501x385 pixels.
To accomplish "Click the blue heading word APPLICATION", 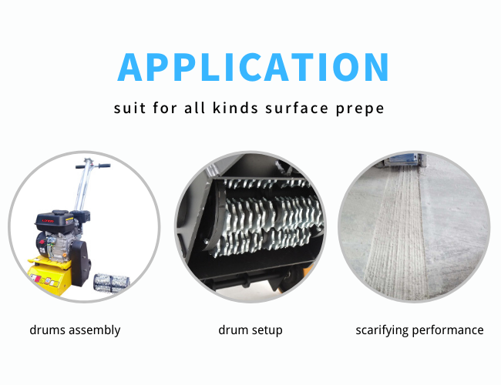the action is pyautogui.click(x=253, y=67).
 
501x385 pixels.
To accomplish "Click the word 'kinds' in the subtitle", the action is pyautogui.click(x=236, y=108).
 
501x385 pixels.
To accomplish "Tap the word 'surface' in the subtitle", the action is pyautogui.click(x=297, y=108).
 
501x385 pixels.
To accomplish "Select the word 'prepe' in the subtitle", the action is pyautogui.click(x=360, y=109).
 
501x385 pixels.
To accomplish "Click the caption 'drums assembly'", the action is pyautogui.click(x=75, y=330).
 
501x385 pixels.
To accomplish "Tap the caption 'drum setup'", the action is pyautogui.click(x=250, y=330).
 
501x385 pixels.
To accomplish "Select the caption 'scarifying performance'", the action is pyautogui.click(x=419, y=330).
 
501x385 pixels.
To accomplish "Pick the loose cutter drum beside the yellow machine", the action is pyautogui.click(x=112, y=283).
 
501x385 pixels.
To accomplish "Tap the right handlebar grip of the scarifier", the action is pyautogui.click(x=104, y=166).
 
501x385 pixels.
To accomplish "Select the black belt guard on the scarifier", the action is pyautogui.click(x=80, y=263).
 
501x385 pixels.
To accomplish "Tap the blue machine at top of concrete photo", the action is pyautogui.click(x=404, y=159).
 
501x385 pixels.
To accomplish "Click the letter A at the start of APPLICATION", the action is pyautogui.click(x=129, y=67).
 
